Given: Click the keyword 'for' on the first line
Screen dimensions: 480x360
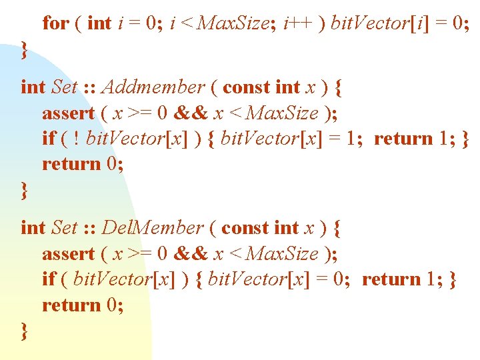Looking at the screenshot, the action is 55,23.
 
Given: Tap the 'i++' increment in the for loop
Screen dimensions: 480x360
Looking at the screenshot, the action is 295,23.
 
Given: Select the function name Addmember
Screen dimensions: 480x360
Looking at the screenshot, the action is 153,87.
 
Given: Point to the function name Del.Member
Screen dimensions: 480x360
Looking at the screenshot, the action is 153,228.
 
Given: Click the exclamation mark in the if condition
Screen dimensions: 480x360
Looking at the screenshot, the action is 77,139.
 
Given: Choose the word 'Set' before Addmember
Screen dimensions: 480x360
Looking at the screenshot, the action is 64,87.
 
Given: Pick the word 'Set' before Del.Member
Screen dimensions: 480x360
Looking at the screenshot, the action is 64,228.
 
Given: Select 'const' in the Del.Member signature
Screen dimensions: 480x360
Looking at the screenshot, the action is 245,228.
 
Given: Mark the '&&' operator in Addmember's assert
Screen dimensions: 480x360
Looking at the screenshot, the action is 192,113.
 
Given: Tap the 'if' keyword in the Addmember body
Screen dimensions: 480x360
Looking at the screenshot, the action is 49,139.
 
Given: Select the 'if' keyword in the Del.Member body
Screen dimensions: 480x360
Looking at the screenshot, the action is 49,279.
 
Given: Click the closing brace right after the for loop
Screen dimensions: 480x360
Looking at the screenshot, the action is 25,49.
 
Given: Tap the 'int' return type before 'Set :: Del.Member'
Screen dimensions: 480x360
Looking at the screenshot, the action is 33,228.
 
